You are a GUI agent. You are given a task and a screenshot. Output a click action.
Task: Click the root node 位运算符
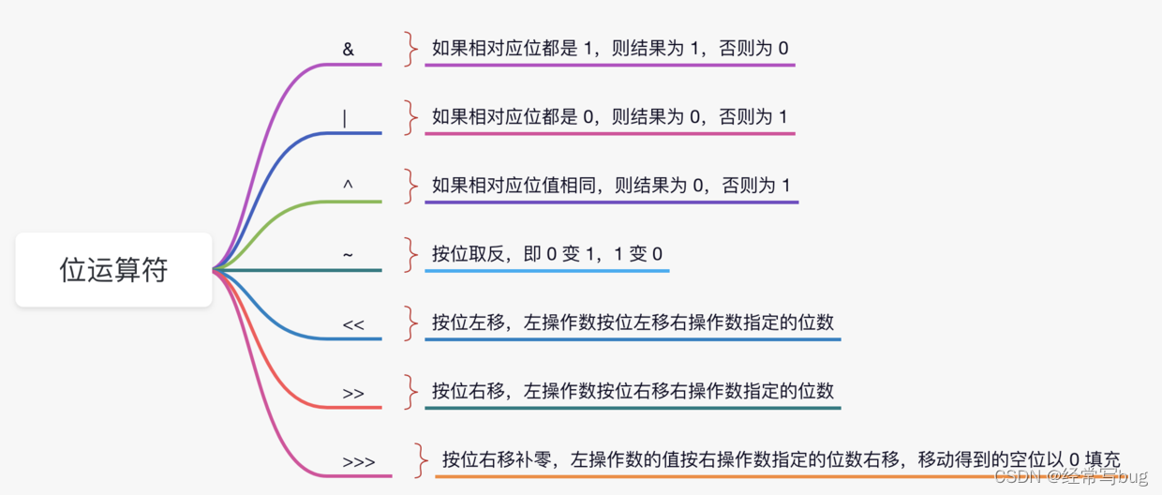click(113, 270)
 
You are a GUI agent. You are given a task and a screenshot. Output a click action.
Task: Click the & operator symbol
click(349, 50)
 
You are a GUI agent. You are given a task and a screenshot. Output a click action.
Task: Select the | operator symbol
click(345, 118)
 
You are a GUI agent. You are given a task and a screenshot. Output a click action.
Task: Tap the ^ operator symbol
click(349, 186)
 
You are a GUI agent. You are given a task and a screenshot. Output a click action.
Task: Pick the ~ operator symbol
click(348, 255)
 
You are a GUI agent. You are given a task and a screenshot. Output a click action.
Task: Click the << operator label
click(353, 324)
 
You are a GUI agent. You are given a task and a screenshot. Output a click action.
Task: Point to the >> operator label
click(353, 394)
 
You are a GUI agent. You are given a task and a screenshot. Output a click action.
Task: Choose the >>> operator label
click(359, 462)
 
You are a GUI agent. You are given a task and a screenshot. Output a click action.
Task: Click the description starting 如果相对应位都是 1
click(609, 48)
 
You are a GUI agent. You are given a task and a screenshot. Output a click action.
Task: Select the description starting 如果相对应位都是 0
click(609, 117)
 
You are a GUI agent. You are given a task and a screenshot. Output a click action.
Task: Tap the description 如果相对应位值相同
click(611, 186)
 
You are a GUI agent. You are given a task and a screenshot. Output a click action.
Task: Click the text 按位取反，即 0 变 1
click(547, 254)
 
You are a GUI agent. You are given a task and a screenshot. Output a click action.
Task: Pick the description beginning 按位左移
click(633, 322)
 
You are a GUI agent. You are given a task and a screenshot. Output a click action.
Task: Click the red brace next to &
click(409, 49)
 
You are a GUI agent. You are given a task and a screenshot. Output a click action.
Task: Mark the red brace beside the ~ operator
click(409, 254)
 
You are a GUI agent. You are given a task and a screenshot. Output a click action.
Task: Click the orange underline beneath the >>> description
click(778, 477)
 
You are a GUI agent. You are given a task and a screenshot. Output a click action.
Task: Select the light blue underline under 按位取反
click(547, 271)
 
